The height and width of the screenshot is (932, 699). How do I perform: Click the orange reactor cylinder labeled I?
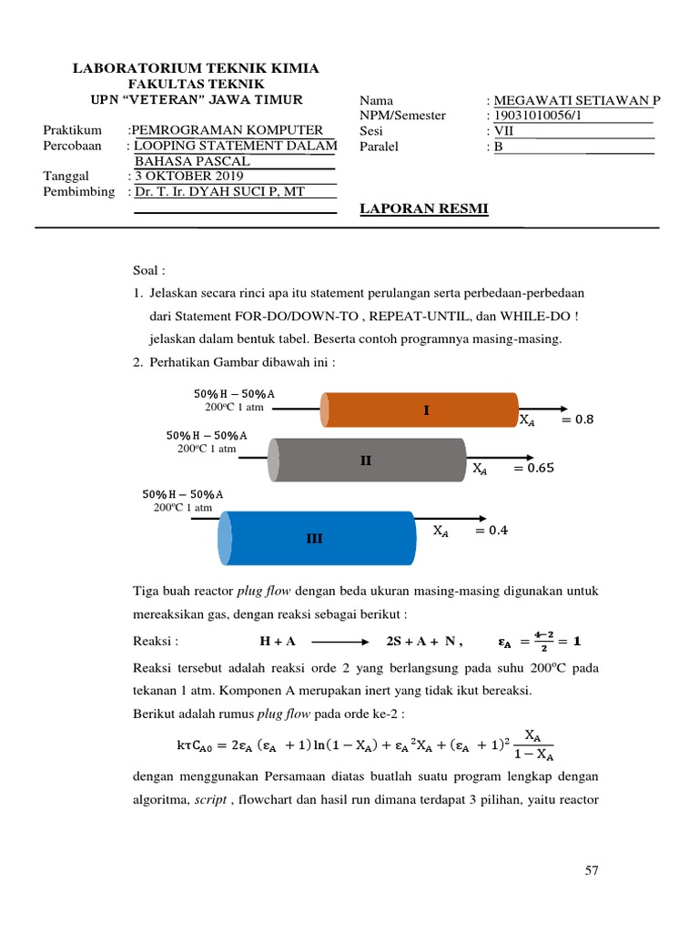(420, 410)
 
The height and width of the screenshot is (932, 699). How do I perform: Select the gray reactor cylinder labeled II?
(369, 461)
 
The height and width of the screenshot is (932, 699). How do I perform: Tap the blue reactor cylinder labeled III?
(318, 538)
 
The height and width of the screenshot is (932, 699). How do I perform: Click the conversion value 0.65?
(533, 469)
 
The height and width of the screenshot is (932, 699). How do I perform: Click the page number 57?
(592, 871)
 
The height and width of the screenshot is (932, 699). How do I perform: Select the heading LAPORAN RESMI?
(424, 209)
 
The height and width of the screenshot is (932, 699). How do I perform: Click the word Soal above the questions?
(150, 270)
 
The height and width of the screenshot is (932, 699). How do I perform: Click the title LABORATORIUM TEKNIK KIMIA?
(196, 69)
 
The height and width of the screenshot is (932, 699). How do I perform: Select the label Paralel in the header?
(380, 146)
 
